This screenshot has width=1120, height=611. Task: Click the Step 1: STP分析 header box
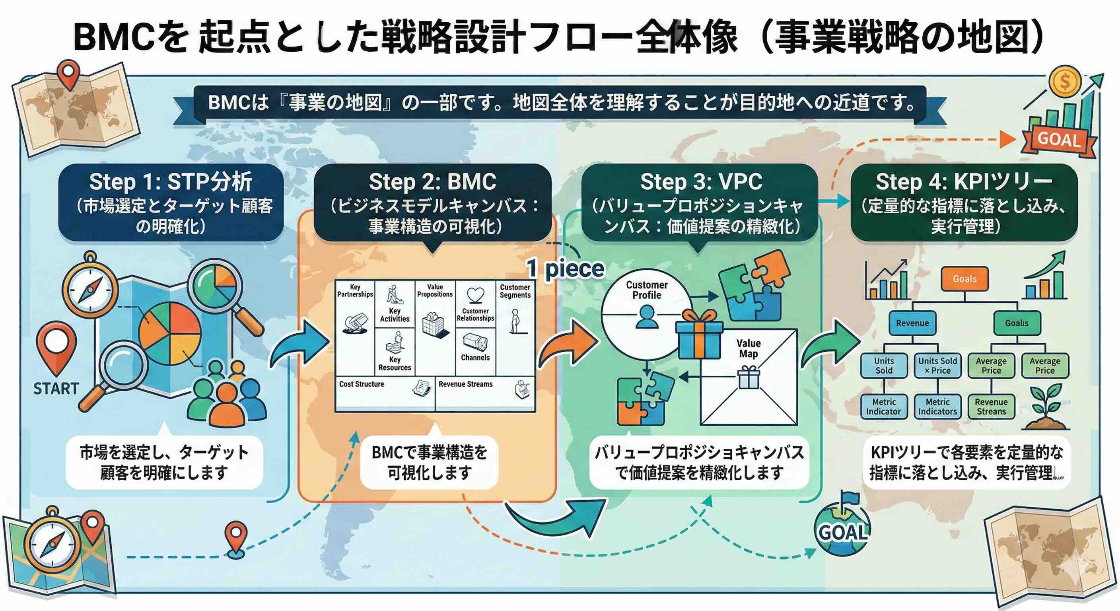tap(171, 202)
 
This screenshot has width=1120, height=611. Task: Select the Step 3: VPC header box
tap(700, 202)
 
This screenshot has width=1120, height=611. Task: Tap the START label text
tap(56, 388)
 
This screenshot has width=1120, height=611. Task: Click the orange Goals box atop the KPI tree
tap(964, 279)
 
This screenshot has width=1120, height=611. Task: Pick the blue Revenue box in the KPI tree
tap(912, 323)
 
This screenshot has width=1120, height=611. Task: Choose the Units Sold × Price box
tap(937, 366)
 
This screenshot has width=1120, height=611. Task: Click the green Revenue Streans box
tap(991, 407)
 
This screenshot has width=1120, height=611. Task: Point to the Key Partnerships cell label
tap(355, 290)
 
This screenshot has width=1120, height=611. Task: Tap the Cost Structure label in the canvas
tap(361, 384)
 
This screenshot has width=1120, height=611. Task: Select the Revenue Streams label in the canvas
tap(465, 384)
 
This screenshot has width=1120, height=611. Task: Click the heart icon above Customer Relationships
tap(475, 295)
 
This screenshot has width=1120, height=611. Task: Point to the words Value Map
tap(748, 348)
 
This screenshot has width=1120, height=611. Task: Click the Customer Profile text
tap(647, 290)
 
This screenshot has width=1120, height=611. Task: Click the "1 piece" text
tap(565, 269)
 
